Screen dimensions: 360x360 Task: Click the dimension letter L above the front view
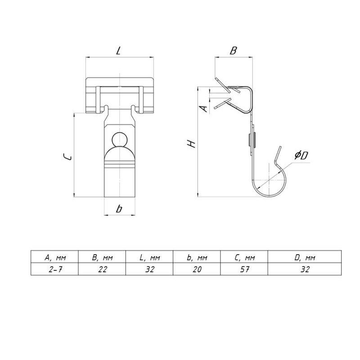118,51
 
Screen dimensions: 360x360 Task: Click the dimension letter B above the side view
233,50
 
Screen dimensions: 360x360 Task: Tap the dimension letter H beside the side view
191,144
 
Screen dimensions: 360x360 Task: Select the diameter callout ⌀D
301,155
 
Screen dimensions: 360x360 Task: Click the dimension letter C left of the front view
68,157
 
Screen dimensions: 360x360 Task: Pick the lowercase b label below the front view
119,209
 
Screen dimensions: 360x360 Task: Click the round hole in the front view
120,139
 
